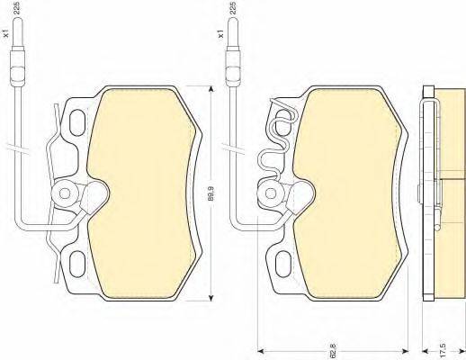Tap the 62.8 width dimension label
click(x=334, y=351)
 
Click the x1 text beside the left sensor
click(x=6, y=33)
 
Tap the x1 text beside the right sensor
click(x=221, y=33)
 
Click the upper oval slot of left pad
click(x=77, y=122)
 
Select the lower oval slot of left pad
click(x=77, y=264)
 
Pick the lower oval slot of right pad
click(x=283, y=264)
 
